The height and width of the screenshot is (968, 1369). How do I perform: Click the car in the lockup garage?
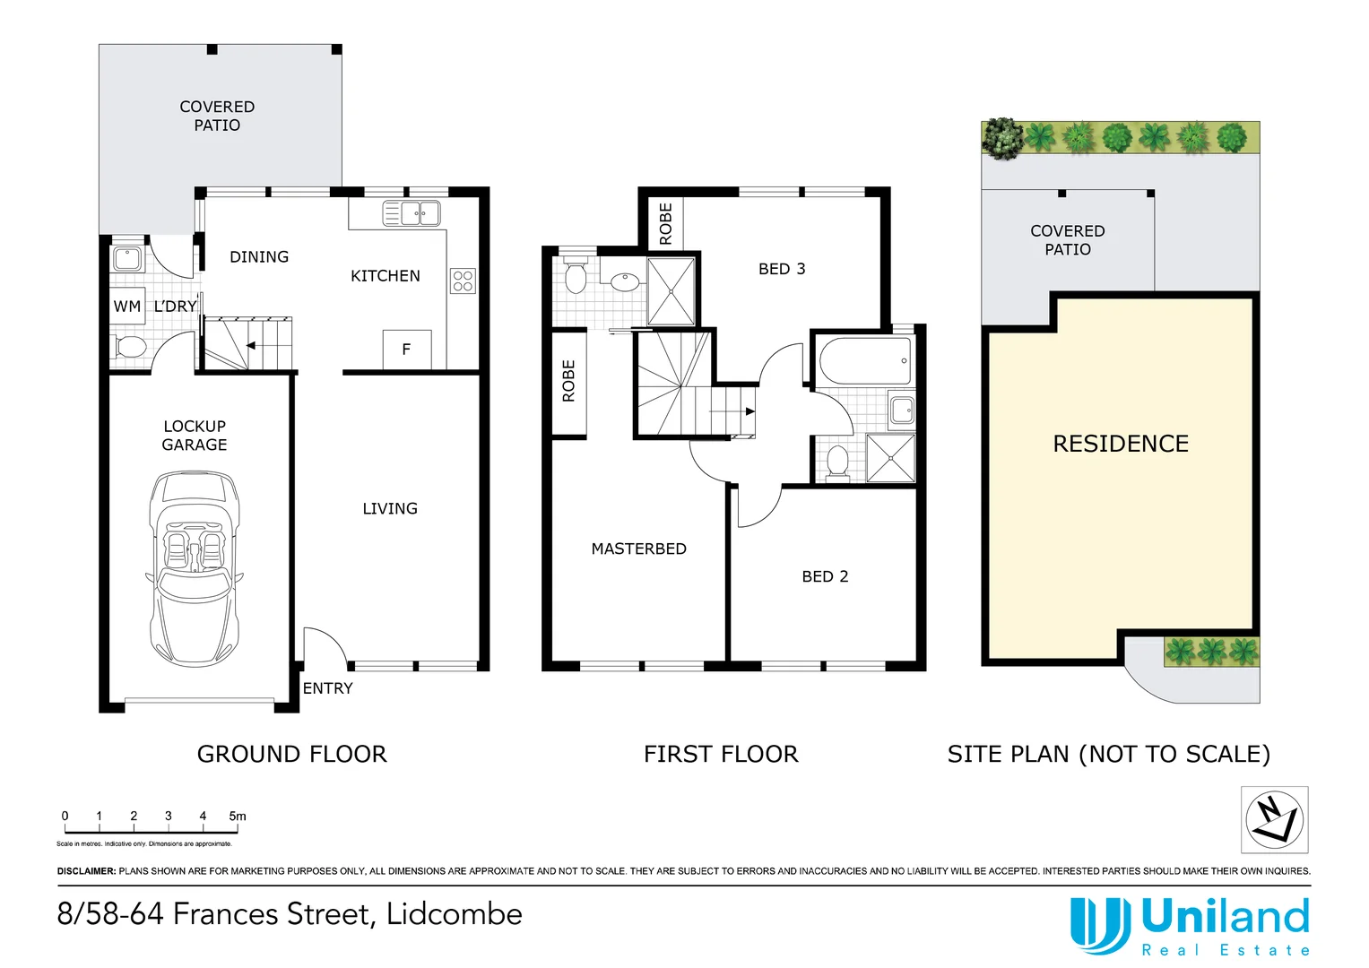pos(194,568)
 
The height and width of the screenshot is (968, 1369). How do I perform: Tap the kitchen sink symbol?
pos(412,213)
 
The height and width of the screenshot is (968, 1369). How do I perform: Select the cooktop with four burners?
pos(463,281)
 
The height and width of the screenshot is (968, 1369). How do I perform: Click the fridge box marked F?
pos(406,350)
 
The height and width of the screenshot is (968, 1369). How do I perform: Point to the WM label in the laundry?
pos(126,307)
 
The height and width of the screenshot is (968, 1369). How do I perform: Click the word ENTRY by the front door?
pos(327,688)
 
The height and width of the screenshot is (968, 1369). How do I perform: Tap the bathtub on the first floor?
pos(864,360)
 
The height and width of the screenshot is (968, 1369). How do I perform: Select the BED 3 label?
pos(782,269)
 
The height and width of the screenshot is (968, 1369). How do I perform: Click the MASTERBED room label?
pos(638,549)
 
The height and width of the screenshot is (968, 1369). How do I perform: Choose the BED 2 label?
pos(825,576)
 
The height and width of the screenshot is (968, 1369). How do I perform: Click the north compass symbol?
pos(1274,819)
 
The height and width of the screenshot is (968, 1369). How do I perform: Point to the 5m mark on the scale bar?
pos(237,817)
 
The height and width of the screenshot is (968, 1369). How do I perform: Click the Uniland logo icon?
pos(1099,925)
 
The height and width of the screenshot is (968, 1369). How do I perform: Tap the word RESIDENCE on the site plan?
pos(1121,444)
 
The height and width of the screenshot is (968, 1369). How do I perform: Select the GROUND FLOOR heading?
pos(291,754)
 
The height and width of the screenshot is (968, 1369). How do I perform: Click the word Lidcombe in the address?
pos(454,914)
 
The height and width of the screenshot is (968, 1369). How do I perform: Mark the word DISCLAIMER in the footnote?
pos(86,871)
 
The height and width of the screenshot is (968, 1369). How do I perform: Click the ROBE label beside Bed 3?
pos(665,223)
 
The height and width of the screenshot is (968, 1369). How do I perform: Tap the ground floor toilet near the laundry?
pos(131,347)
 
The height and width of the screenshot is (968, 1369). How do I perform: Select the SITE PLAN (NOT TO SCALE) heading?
pos(1108,754)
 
